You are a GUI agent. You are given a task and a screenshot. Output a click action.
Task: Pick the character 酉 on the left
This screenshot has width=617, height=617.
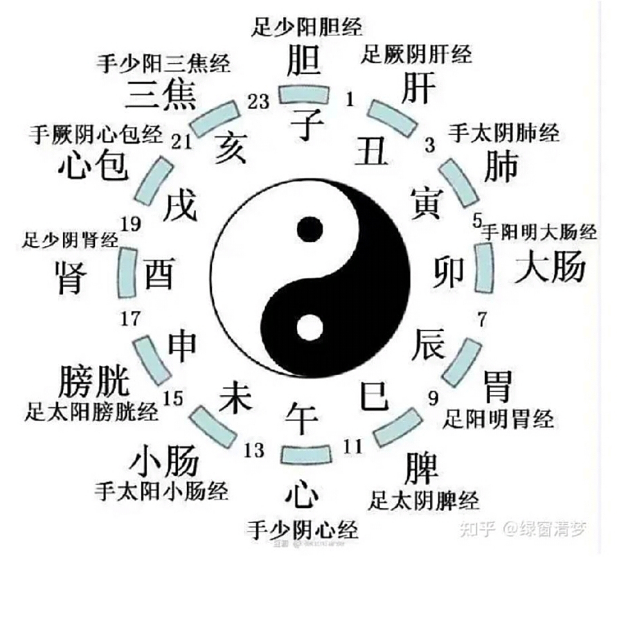click(x=159, y=275)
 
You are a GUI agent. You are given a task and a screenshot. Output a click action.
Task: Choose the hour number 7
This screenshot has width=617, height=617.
click(x=482, y=317)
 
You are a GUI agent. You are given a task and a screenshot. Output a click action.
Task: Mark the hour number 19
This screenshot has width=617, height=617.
click(x=130, y=225)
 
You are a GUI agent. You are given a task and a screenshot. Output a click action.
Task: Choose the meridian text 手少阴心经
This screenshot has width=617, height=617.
click(x=302, y=530)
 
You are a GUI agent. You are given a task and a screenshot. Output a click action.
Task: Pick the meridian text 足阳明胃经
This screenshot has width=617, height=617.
click(x=498, y=420)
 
